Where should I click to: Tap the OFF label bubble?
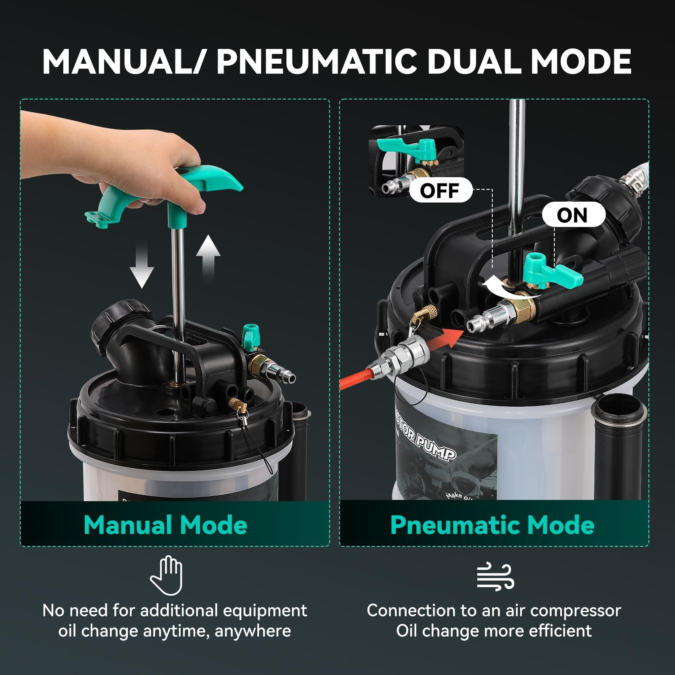click(440, 191)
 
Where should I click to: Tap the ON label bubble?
click(572, 215)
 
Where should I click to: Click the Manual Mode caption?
click(165, 525)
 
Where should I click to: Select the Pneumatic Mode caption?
click(492, 525)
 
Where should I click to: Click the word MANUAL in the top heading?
click(120, 62)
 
